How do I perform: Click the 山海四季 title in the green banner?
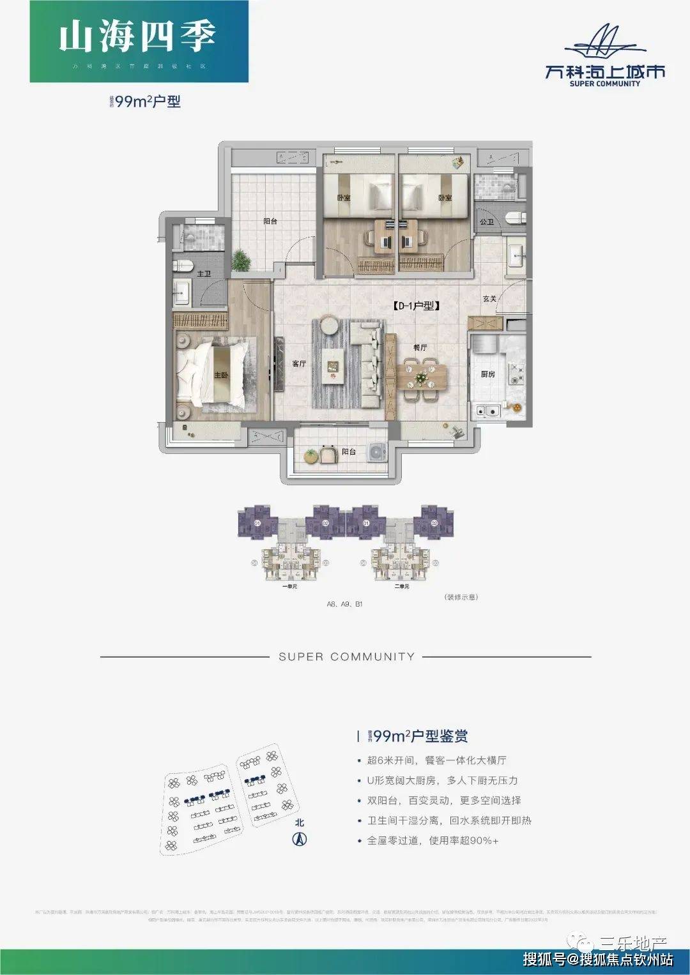pyautogui.click(x=137, y=37)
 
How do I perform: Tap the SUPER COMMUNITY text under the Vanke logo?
pyautogui.click(x=604, y=84)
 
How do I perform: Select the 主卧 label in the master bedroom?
pyautogui.click(x=220, y=375)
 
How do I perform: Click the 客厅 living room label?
pyautogui.click(x=299, y=363)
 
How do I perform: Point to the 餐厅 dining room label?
pyautogui.click(x=419, y=348)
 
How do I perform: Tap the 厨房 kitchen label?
pyautogui.click(x=487, y=374)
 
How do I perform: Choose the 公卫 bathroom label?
pyautogui.click(x=486, y=222)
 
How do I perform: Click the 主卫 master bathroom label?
pyautogui.click(x=203, y=274)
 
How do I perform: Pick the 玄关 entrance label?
pyautogui.click(x=489, y=299)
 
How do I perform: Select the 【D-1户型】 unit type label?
pyautogui.click(x=416, y=306)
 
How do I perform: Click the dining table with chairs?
pyautogui.click(x=420, y=378)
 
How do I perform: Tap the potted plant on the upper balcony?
pyautogui.click(x=241, y=261)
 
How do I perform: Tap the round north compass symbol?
pyautogui.click(x=299, y=839)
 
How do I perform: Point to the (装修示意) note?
pyautogui.click(x=460, y=597)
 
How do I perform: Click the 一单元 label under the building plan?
pyautogui.click(x=289, y=586)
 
